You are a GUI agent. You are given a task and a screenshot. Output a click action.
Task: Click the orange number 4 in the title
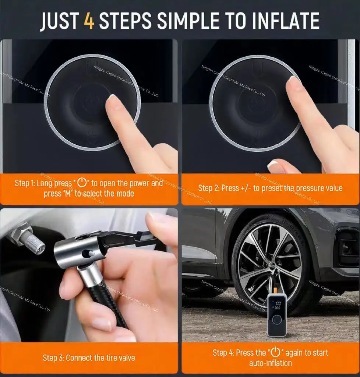[x=89, y=21]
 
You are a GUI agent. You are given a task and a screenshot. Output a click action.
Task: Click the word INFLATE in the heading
[x=282, y=21]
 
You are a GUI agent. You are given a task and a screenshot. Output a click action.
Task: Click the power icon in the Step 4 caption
[x=275, y=352]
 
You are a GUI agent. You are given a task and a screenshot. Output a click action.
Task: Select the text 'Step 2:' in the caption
[x=209, y=188]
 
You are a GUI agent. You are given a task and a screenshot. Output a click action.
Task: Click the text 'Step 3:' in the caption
[x=53, y=357]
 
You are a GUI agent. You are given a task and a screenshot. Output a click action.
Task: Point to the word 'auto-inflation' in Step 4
[x=270, y=363]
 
